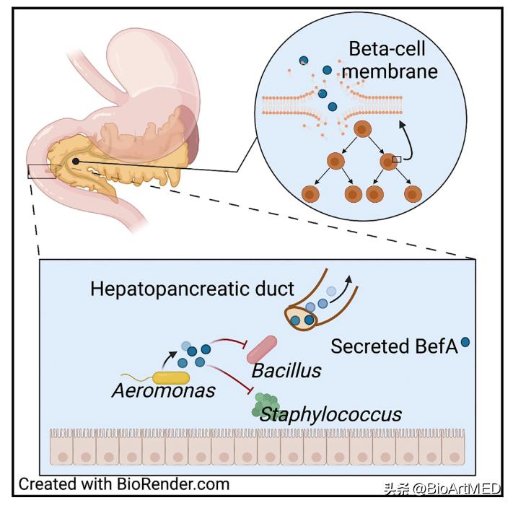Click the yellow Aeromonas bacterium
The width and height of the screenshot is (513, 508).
coord(170,377)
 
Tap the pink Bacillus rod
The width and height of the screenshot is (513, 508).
coord(261,349)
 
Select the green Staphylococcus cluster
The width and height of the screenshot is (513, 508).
coord(265,406)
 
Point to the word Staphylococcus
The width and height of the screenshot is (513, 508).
coord(330,414)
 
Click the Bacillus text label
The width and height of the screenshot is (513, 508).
coord(286,371)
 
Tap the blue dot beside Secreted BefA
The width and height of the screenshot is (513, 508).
coord(465,343)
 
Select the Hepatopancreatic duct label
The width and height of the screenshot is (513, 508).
coord(192,289)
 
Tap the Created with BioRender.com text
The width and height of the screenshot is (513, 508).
coord(123,483)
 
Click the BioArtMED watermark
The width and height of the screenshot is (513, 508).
coord(441,489)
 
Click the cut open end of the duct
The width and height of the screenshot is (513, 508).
coord(302,316)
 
